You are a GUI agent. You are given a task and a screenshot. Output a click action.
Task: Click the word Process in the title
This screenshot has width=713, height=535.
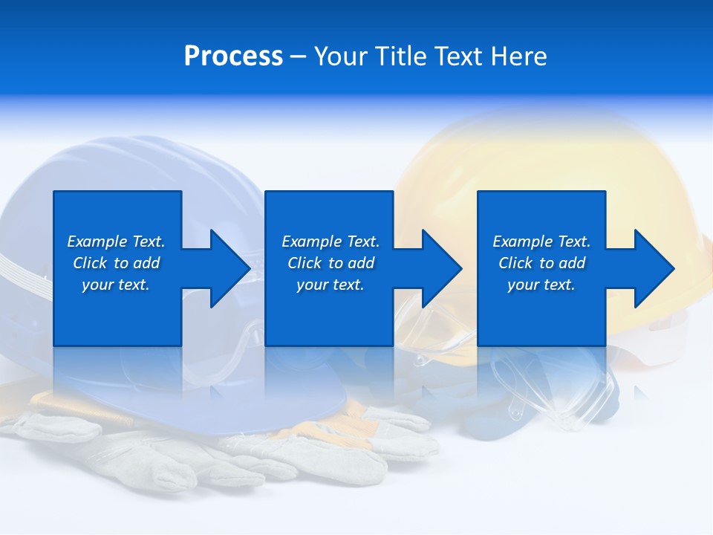pos(233,56)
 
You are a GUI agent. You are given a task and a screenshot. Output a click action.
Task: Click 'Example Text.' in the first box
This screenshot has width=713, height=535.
pos(116,241)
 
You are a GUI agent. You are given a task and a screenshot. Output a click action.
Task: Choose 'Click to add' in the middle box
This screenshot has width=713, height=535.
pos(331,263)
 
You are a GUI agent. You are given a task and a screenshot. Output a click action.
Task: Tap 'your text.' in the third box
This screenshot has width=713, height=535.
pos(541,285)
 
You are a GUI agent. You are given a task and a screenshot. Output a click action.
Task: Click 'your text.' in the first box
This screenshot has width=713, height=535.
pos(116,285)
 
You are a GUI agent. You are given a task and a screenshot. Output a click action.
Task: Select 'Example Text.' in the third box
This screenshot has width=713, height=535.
pos(541,241)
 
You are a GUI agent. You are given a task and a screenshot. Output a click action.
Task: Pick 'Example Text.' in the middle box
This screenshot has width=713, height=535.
pos(331,241)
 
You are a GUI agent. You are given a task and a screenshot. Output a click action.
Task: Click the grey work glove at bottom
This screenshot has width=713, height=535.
pos(223,453)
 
